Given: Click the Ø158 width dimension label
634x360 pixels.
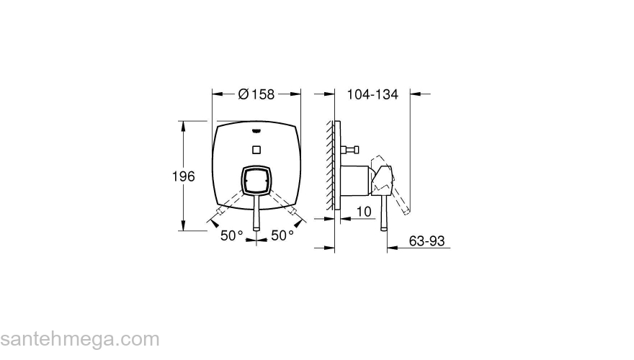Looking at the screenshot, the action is point(256,94).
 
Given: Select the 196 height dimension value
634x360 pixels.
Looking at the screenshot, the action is point(184,176).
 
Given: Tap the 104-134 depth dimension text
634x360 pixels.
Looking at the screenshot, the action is point(372,94).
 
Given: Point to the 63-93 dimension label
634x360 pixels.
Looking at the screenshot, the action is point(427,240).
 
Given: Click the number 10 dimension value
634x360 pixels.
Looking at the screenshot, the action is point(364,211).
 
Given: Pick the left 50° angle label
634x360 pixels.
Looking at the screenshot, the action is point(231,235).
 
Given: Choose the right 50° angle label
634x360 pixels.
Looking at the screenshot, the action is point(282,235).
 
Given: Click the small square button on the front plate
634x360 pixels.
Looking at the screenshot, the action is point(256,150).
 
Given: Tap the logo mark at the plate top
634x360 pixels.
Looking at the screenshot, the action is point(256,130).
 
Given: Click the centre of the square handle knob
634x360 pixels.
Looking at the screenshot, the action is point(256,180).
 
